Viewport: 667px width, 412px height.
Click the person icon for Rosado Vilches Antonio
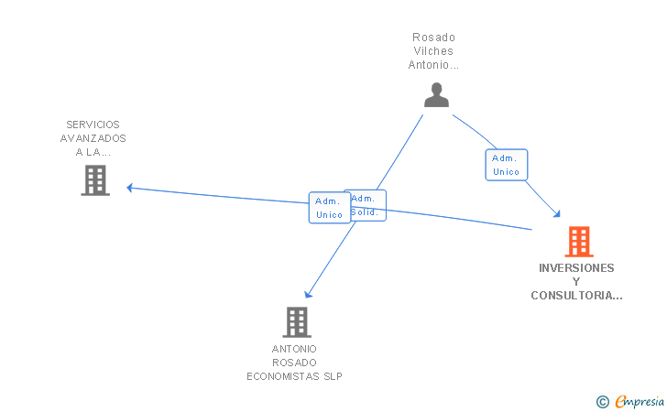pyautogui.click(x=437, y=95)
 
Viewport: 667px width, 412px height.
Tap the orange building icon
pyautogui.click(x=578, y=242)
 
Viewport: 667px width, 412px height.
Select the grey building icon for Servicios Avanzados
pyautogui.click(x=95, y=180)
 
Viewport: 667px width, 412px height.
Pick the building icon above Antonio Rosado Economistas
pyautogui.click(x=296, y=322)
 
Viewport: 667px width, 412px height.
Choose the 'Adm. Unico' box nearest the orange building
pyautogui.click(x=506, y=165)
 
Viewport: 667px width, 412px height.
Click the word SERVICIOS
pyautogui.click(x=93, y=125)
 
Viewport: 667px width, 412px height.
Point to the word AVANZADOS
pyautogui.click(x=93, y=138)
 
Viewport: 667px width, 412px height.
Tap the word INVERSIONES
pyautogui.click(x=576, y=268)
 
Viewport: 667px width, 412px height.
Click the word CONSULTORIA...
pyautogui.click(x=574, y=296)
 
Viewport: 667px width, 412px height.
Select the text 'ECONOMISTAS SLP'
pyautogui.click(x=294, y=376)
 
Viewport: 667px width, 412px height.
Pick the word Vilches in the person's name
pyautogui.click(x=433, y=51)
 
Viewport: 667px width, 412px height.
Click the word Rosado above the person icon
pyautogui.click(x=433, y=38)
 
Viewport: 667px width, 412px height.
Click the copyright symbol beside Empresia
pyautogui.click(x=602, y=401)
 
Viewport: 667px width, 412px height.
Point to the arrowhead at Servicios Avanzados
pyautogui.click(x=130, y=188)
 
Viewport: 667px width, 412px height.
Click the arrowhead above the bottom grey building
pyautogui.click(x=309, y=294)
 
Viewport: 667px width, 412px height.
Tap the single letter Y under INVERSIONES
pyautogui.click(x=576, y=282)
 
